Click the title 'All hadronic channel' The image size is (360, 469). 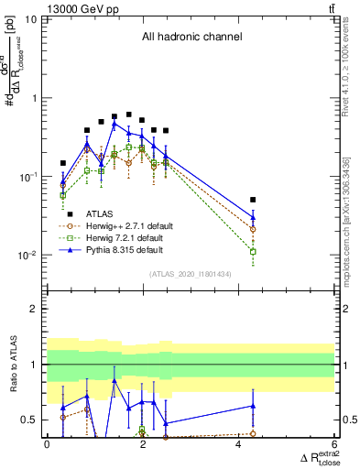(x=191, y=38)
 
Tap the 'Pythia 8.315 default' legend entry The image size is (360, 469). (x=125, y=249)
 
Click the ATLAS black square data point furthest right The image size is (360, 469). (x=253, y=199)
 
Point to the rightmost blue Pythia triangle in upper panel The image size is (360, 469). (x=253, y=217)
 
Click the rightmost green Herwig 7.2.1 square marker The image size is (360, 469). (x=253, y=251)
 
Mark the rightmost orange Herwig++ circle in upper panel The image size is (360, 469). (x=253, y=229)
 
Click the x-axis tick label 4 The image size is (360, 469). (x=238, y=444)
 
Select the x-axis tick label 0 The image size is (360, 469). (x=47, y=444)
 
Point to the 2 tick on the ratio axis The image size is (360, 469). (x=35, y=309)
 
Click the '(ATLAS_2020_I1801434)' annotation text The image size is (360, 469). (x=191, y=274)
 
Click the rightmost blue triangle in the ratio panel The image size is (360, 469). (x=253, y=405)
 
